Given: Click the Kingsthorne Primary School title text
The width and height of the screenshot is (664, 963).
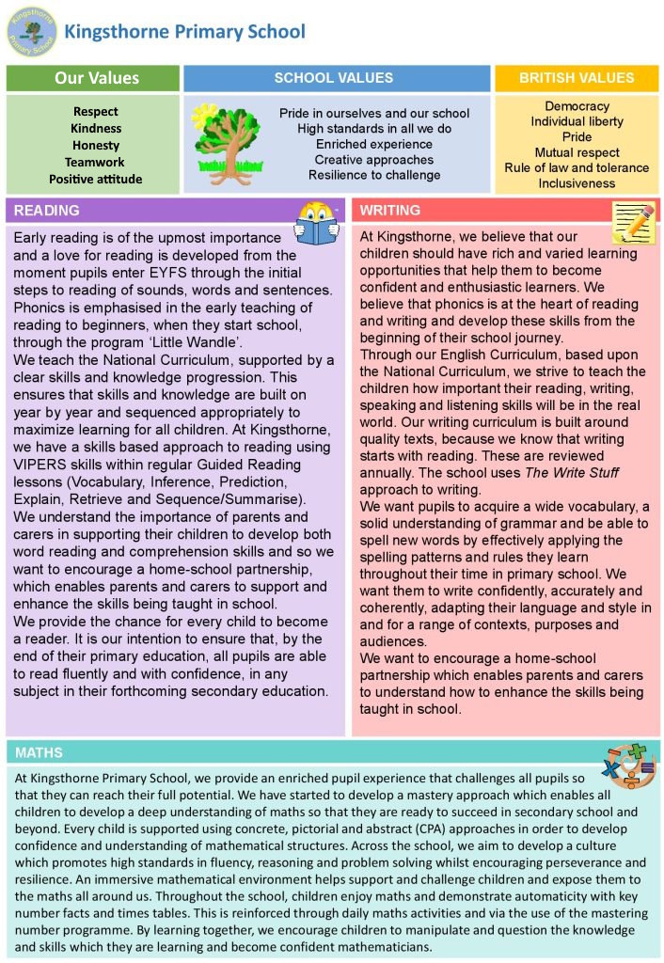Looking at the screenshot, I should click(184, 32).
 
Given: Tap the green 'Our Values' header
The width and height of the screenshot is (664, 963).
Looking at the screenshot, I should click(92, 78).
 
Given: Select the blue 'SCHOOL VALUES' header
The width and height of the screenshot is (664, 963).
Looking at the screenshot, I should click(333, 78).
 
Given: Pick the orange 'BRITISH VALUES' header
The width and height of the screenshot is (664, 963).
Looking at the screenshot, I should click(577, 78).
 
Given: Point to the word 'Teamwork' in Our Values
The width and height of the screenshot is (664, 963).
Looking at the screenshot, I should click(94, 162).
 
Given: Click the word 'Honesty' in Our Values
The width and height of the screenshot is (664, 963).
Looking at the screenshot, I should click(95, 145).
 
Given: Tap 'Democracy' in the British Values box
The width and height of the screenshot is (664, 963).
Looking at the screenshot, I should click(577, 106).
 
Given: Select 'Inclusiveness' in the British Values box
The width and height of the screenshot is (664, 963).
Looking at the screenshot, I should click(577, 182).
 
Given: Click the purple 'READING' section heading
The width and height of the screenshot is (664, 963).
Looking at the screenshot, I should click(47, 211).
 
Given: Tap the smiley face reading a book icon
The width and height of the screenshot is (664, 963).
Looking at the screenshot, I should click(316, 224).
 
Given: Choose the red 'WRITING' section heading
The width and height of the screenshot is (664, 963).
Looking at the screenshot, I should click(390, 211).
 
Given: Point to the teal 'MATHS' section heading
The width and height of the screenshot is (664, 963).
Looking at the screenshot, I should click(40, 752).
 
